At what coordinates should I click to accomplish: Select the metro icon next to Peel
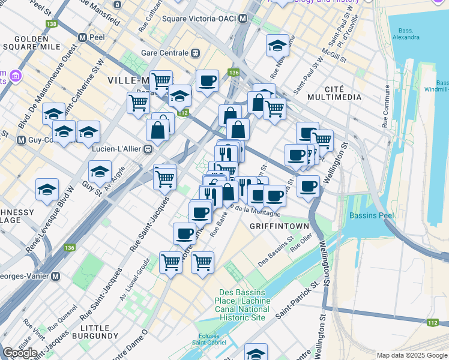[x=82, y=37]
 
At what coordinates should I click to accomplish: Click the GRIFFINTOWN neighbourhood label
[x=279, y=226]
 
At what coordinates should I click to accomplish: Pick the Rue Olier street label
[x=303, y=245]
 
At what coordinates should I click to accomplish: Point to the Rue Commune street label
[x=385, y=113]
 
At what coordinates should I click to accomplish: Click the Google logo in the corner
[x=20, y=353]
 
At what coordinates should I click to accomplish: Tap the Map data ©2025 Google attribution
[x=411, y=355]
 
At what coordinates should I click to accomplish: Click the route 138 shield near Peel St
[x=52, y=23]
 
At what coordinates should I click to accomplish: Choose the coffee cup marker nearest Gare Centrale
[x=207, y=81]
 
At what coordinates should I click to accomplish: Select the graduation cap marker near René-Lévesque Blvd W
[x=47, y=190]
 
